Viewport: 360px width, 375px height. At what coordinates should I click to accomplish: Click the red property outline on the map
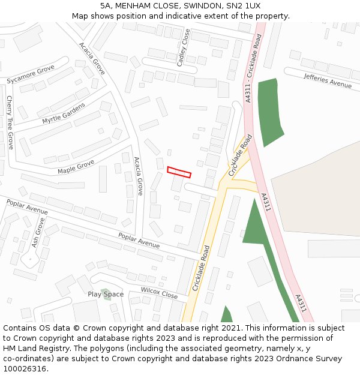click(179, 172)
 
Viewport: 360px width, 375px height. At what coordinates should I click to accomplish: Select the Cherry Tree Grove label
click(10, 122)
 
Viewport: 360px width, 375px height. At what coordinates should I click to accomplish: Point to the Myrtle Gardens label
click(64, 113)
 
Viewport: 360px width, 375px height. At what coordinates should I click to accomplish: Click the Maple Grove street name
click(76, 167)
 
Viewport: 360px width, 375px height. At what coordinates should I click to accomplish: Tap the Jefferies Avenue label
click(328, 80)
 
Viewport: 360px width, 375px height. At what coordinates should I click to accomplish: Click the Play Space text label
click(106, 294)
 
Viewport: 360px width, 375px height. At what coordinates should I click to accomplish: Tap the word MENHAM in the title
click(134, 5)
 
